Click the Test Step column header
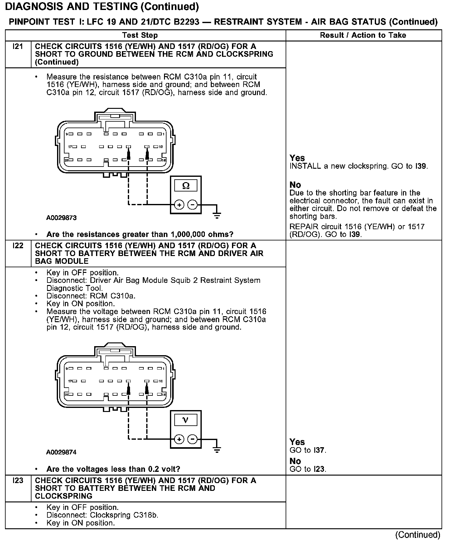(140, 35)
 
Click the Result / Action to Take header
(363, 35)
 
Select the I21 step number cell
(18, 46)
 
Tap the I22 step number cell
(18, 246)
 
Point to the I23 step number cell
(18, 481)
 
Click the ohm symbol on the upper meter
(186, 186)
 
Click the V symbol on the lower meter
(186, 420)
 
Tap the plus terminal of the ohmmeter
(179, 205)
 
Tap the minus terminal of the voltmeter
(193, 439)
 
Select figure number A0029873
(61, 218)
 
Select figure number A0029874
(61, 452)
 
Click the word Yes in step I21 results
(297, 158)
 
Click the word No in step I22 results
(295, 461)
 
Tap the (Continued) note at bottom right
(418, 535)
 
